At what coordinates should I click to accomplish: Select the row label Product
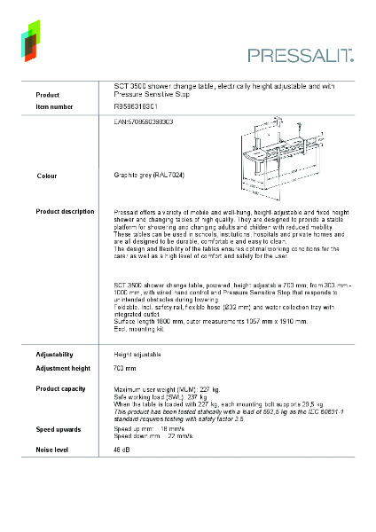[47, 94]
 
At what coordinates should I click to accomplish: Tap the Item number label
[54, 106]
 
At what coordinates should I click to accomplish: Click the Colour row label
[47, 176]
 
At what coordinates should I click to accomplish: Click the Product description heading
[65, 212]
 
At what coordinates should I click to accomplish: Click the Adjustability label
[54, 354]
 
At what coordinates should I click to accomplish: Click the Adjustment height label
[63, 368]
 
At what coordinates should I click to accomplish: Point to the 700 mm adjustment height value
[125, 368]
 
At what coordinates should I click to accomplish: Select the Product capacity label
[60, 389]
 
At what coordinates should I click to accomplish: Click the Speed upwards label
[57, 429]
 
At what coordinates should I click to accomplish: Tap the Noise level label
[52, 450]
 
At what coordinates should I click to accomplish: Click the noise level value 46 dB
[122, 450]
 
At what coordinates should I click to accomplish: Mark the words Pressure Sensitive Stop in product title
[153, 93]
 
